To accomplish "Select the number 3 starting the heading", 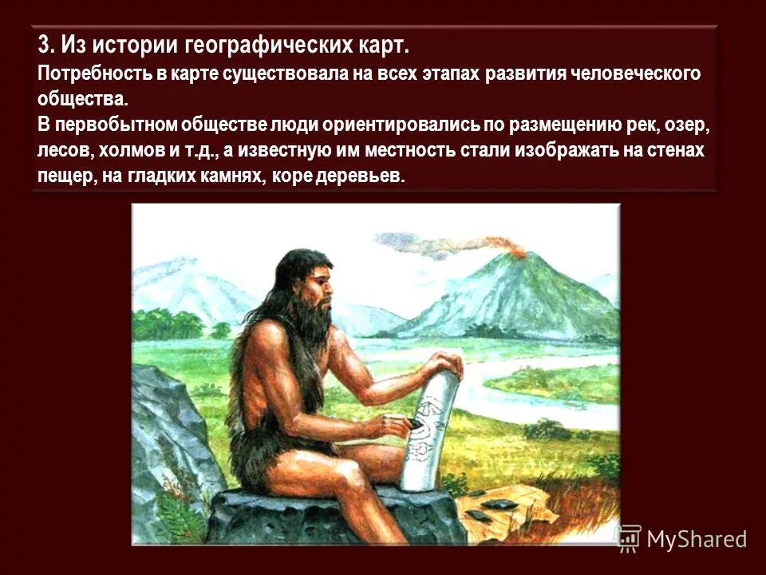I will coord(44,45).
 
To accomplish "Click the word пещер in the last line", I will coord(64,177).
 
